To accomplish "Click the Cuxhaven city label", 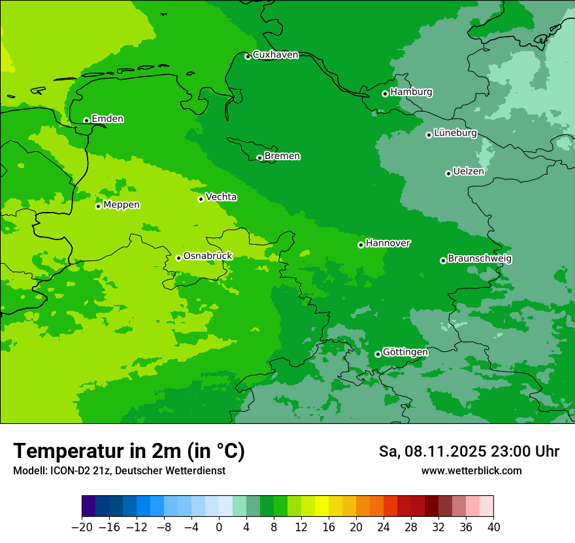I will pos(275,55).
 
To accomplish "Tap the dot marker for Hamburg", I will pos(386,94).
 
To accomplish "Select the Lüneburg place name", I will pos(455,133).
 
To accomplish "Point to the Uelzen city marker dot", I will pos(448,173).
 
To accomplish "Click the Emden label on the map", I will pos(107,119).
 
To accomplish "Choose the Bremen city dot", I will pos(259,158).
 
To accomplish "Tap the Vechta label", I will pos(222,197).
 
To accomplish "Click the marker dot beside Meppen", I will pos(98,206).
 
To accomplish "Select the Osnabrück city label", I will pos(208,256).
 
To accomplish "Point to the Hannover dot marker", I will pos(361,245).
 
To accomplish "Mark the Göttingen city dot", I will pos(378,354).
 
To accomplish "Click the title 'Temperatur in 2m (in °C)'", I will pos(129,451).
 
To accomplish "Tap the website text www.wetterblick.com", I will pos(471,470).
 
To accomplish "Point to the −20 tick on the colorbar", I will pos(82,527).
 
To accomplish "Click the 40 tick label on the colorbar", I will pos(493,527).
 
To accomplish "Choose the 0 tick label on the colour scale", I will pos(219,527).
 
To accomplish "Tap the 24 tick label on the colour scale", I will pos(384,527).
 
